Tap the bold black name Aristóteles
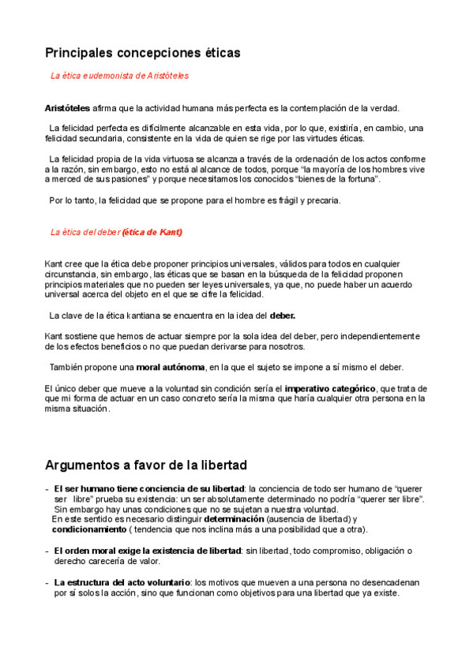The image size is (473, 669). tap(68, 108)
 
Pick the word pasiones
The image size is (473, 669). tap(126, 179)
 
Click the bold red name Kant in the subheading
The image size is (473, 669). tap(170, 232)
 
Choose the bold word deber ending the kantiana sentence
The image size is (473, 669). tap(283, 316)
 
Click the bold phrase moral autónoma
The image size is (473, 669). tap(171, 367)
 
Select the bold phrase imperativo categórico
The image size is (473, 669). tap(330, 388)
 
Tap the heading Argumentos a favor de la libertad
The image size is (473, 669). tap(146, 465)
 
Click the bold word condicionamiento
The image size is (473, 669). tap(84, 529)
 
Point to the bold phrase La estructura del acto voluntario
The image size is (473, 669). tap(122, 582)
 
